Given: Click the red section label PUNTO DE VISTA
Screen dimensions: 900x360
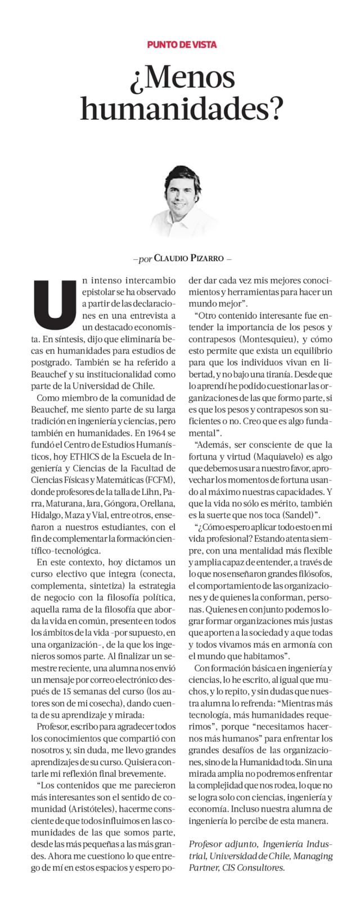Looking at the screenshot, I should coord(182,44).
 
